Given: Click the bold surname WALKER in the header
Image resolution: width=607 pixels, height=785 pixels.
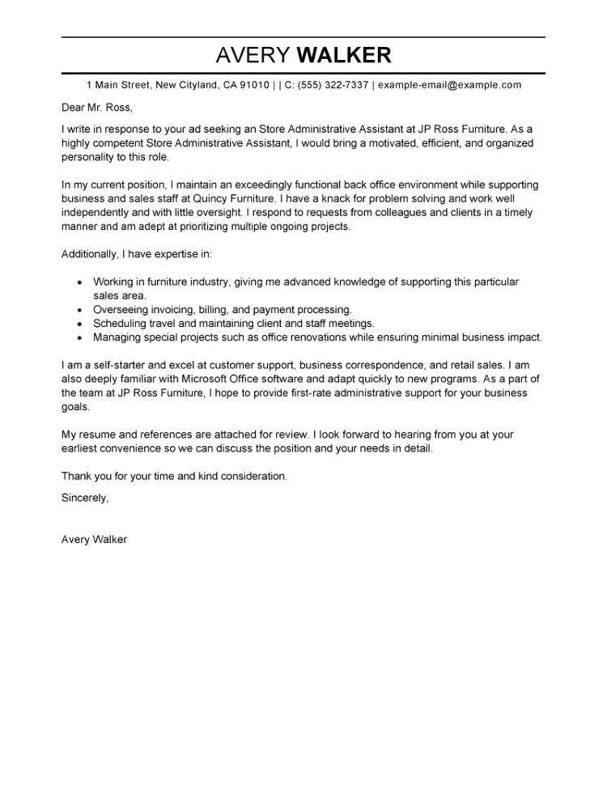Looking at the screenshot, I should [344, 55].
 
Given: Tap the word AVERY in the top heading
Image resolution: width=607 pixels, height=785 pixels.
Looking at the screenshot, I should [253, 55].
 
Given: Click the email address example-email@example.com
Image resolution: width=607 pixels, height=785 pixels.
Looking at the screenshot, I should [449, 85].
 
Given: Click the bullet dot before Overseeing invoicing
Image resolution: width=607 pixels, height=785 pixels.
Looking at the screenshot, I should [79, 310].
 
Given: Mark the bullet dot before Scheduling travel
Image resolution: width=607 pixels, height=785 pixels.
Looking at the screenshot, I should [79, 324].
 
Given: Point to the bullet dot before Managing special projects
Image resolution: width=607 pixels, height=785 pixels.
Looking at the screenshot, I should [79, 337].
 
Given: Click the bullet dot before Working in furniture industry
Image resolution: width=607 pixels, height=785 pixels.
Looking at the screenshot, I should [79, 282].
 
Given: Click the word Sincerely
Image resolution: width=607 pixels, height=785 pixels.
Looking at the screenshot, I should [85, 498].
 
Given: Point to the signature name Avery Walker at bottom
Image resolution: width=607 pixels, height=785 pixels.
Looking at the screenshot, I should [94, 539].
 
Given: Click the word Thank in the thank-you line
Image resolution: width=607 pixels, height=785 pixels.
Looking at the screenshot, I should [77, 476].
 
